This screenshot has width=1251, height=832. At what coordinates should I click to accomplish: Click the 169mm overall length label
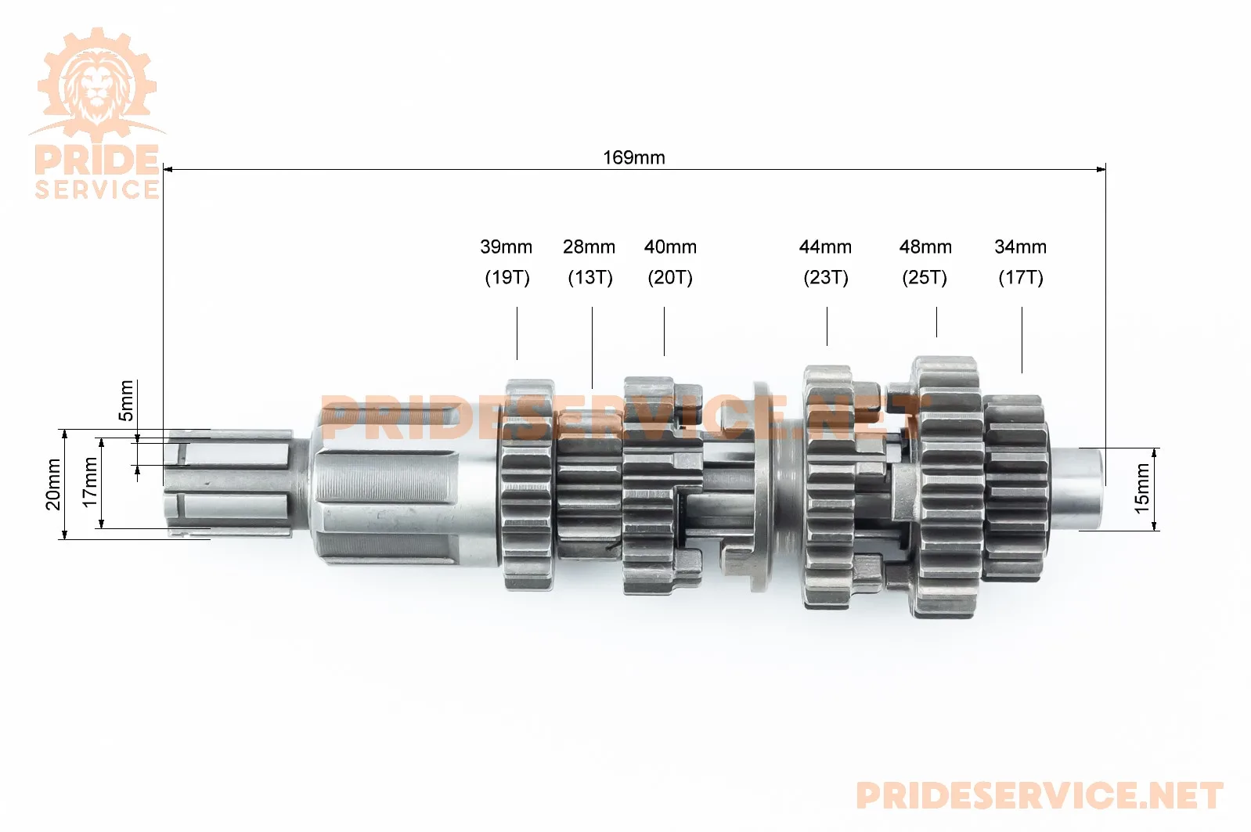(634, 158)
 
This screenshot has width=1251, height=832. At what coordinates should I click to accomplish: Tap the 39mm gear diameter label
(506, 247)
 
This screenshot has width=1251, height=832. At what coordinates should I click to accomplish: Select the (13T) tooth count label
(590, 278)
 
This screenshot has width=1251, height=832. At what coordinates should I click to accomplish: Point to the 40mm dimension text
(670, 247)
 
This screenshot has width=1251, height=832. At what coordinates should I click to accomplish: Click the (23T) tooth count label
(826, 278)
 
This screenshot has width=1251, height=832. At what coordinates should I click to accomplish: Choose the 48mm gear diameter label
(925, 247)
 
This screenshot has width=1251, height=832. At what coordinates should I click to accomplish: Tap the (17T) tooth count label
(1021, 278)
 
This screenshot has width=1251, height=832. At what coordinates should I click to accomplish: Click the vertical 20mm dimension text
(53, 484)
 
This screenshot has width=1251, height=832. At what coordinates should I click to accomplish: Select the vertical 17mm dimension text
(90, 482)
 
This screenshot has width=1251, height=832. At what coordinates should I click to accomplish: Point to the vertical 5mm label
(127, 401)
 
